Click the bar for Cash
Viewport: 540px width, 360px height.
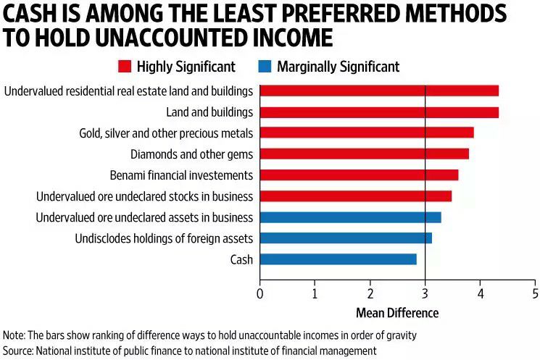(338, 259)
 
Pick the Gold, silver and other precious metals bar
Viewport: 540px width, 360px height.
(366, 133)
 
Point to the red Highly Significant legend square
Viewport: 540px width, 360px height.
(123, 67)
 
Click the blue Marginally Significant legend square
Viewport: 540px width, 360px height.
(264, 67)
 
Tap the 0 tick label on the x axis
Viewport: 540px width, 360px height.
(260, 294)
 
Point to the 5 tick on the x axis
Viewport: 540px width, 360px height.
(535, 294)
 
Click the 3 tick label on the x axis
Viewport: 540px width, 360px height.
(425, 294)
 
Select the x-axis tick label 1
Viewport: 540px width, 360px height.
(315, 294)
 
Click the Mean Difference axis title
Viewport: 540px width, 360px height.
(396, 313)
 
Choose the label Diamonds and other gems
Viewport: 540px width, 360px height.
(191, 154)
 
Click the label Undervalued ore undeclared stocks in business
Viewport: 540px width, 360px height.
(144, 196)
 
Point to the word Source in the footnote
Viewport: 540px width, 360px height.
(19, 350)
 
